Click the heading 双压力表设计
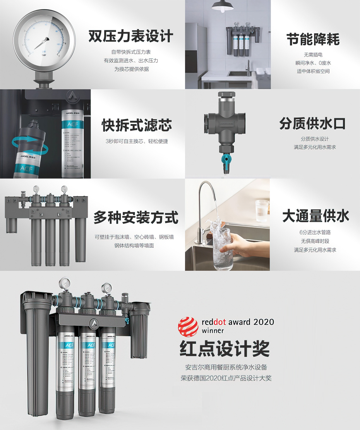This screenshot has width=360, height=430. pos(130,36)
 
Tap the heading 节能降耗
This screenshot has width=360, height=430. pos(313,39)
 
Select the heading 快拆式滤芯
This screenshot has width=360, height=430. pos(136,125)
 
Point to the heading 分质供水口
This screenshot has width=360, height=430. pos(312,124)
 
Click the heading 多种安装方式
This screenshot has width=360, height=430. pos(136,217)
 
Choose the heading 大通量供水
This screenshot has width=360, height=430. pos(315,216)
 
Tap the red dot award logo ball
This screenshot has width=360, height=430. pos(188,327)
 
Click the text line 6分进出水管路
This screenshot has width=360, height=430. pos(315,232)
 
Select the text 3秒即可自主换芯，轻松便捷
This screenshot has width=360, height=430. pos(137,141)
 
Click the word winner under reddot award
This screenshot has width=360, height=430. pos(213,331)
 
